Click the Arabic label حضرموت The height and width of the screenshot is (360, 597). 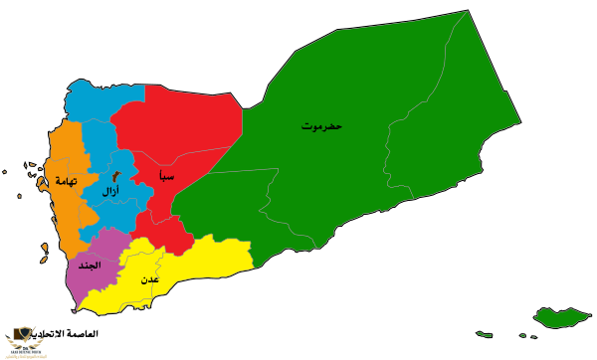coord(321,126)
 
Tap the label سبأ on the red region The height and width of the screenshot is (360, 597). coord(166,176)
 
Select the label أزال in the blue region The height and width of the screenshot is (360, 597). coord(110,190)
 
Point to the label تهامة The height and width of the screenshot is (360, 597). coord(66,181)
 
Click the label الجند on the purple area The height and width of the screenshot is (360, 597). coord(90,266)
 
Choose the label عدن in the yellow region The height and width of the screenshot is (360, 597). coord(149,279)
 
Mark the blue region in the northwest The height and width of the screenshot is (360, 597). coord(95,109)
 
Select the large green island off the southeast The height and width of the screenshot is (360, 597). coord(562,318)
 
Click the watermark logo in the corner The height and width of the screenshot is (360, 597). coord(25,339)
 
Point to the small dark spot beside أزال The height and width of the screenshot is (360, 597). coord(117,176)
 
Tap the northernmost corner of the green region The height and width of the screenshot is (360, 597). coord(468,11)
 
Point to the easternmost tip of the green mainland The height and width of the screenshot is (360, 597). coord(520,124)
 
